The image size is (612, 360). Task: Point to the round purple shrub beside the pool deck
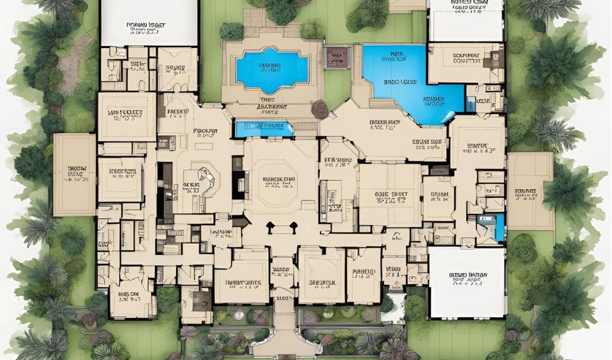(x=320, y=110)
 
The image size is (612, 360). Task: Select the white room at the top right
(x=465, y=21)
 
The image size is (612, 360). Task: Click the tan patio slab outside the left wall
(x=74, y=175)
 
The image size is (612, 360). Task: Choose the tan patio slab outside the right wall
(x=530, y=190)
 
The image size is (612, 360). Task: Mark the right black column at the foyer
(x=293, y=228)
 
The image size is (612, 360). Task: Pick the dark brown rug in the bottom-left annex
(x=200, y=298)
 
